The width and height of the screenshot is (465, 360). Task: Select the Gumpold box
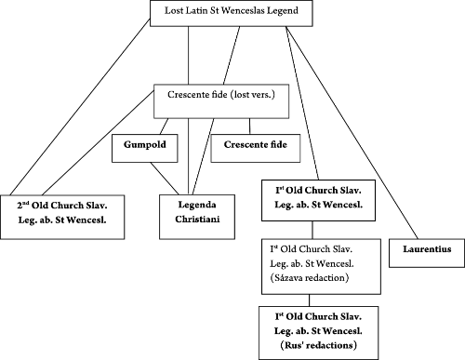[143, 146]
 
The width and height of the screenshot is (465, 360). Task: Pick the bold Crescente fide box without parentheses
[249, 146]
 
